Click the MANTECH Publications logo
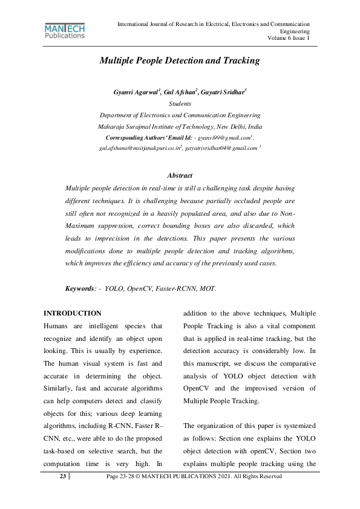point(65,31)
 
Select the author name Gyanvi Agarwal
point(136,92)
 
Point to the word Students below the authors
point(180,104)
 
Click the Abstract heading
point(180,175)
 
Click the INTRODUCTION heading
point(72,313)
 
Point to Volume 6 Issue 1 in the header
point(289,38)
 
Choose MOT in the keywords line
point(206,289)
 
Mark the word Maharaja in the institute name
point(113,127)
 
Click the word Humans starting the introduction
point(58,326)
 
